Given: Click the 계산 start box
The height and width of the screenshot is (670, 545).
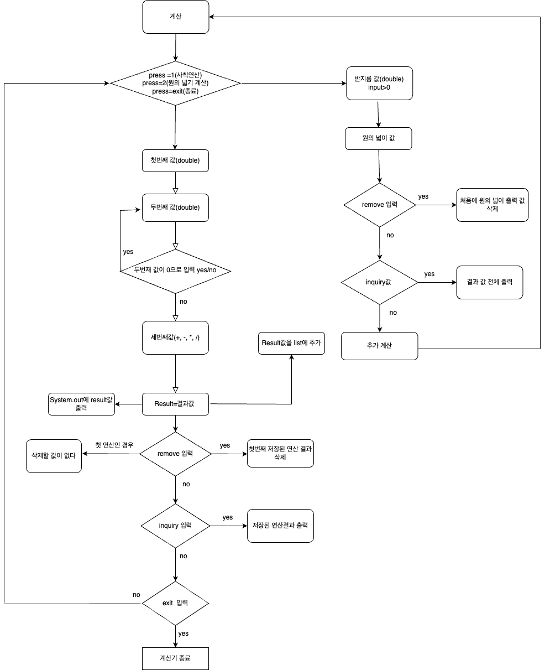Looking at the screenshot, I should [x=176, y=17].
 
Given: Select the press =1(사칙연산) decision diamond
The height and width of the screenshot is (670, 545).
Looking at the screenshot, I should [x=175, y=84].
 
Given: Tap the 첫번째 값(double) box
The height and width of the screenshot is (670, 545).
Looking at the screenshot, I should [x=175, y=161].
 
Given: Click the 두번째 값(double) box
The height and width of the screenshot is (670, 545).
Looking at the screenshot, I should [x=175, y=207].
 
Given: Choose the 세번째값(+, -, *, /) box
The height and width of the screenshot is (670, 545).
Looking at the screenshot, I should [x=175, y=337].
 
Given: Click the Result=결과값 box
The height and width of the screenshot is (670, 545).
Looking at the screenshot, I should [x=175, y=404].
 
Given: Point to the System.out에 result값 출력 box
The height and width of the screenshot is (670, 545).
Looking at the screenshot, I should [x=81, y=404].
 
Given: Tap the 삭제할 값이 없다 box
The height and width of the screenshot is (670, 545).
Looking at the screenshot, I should [x=54, y=456].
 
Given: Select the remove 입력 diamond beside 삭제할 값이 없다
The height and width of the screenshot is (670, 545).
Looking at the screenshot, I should [x=175, y=454].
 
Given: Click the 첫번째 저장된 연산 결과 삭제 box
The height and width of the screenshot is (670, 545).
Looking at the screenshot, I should [x=280, y=453].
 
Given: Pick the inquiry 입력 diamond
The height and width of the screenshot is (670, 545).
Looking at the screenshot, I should [x=175, y=526].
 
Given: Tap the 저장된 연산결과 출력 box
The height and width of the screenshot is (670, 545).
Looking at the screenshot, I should [x=280, y=525].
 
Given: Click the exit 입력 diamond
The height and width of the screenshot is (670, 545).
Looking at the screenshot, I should [x=175, y=603].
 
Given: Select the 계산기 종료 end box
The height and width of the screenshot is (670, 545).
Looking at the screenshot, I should [x=175, y=658].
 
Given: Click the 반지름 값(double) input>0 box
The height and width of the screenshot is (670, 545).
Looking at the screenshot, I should [x=380, y=84].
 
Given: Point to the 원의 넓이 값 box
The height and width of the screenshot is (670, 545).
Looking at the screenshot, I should [x=379, y=138].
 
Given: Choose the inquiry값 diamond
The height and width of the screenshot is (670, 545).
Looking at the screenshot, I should [x=379, y=282].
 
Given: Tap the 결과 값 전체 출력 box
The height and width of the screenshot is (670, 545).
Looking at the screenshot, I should [x=490, y=282].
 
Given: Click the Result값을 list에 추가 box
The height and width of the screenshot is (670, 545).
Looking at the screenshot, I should [x=291, y=343].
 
